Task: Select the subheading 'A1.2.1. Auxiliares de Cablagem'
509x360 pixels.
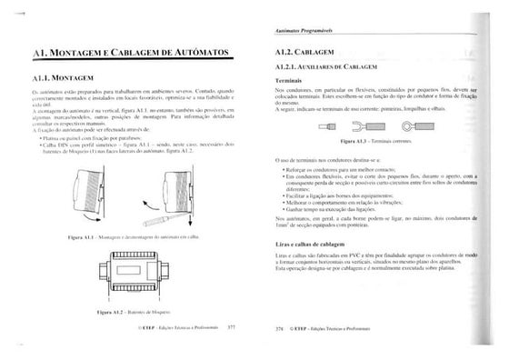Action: [328, 69]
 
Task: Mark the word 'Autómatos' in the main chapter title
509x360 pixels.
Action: [202, 55]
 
